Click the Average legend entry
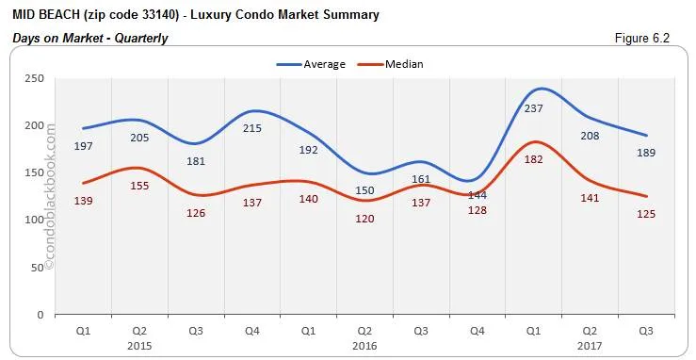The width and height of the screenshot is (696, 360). pyautogui.click(x=312, y=64)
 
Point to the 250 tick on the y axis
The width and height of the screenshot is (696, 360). pyautogui.click(x=34, y=78)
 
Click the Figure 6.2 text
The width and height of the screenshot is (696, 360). pyautogui.click(x=647, y=38)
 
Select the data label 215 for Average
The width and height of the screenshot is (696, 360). pyautogui.click(x=252, y=128)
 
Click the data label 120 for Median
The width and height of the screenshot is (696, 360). pyautogui.click(x=365, y=219)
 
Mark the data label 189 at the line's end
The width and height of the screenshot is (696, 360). pyautogui.click(x=647, y=153)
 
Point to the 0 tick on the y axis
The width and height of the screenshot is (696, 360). pyautogui.click(x=41, y=315)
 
